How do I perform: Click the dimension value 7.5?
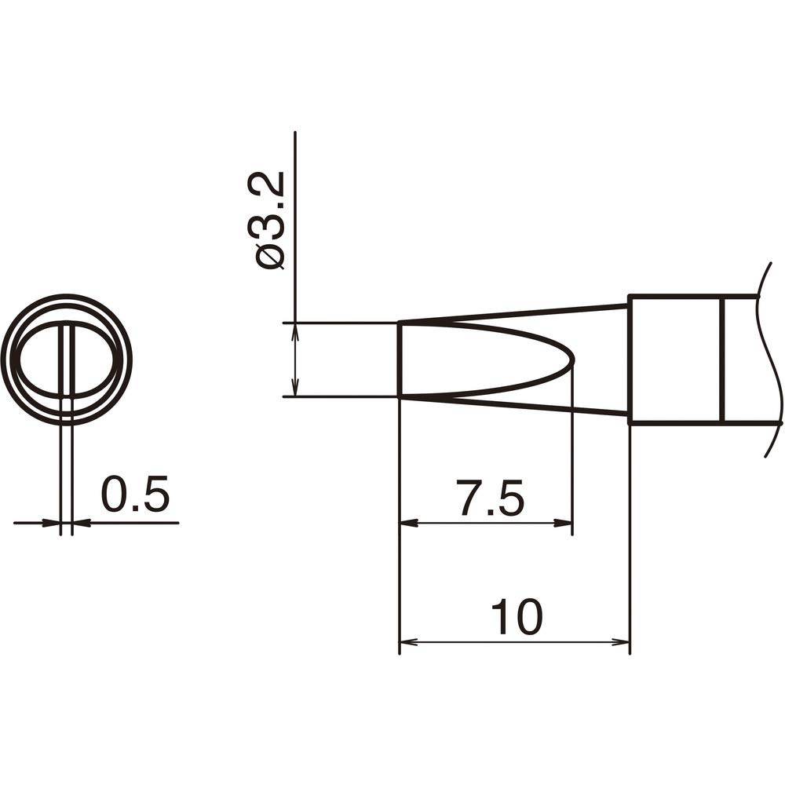pyautogui.click(x=491, y=499)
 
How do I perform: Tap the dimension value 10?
pyautogui.click(x=517, y=618)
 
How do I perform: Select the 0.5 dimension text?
pyautogui.click(x=135, y=497)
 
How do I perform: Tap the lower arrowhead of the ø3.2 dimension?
pyautogui.click(x=295, y=389)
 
